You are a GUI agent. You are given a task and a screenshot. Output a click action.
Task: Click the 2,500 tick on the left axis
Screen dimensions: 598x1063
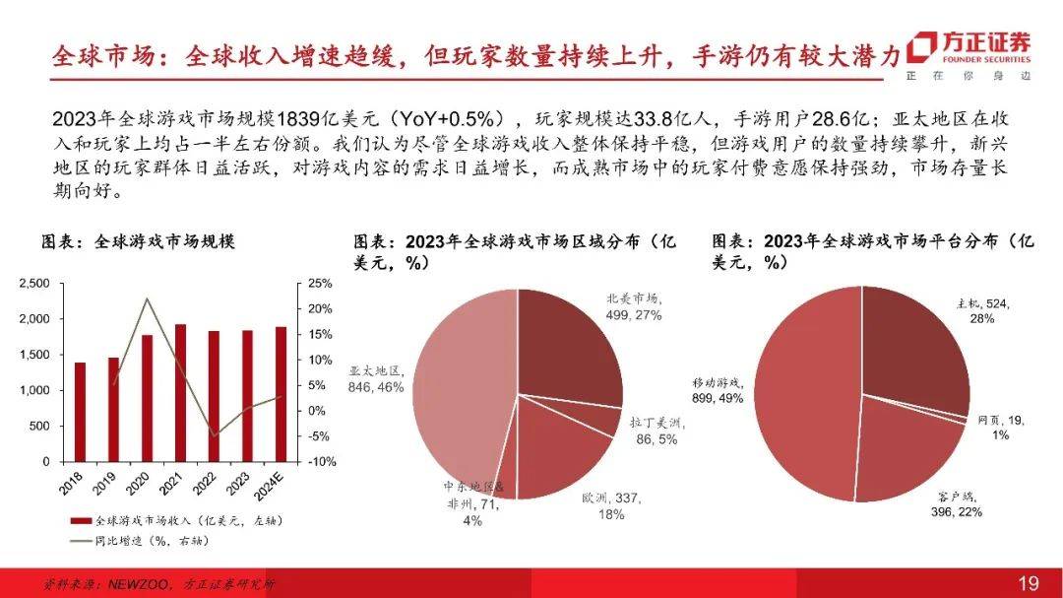tap(34, 284)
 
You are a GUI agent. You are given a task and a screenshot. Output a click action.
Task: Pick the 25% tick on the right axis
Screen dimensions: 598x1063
tap(321, 284)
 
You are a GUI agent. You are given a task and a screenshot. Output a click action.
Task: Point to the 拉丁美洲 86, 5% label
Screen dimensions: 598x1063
tap(656, 431)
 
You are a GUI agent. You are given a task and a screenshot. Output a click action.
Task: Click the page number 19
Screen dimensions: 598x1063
tap(1028, 583)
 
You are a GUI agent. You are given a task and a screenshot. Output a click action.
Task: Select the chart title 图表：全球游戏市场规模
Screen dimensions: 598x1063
tap(137, 241)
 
